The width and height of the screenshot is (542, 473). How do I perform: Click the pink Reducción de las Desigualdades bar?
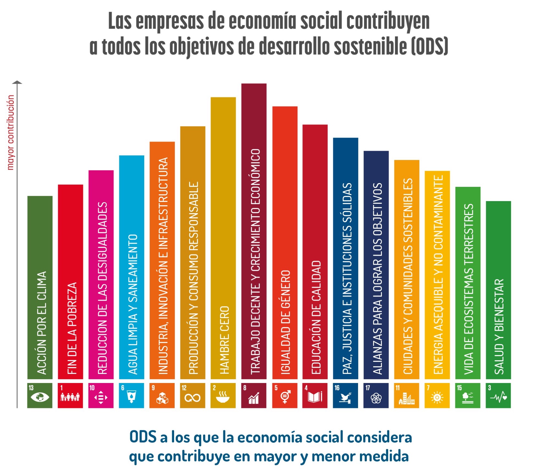(101, 274)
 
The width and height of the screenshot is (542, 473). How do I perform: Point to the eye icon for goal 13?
(40, 397)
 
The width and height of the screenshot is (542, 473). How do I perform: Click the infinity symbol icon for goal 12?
(192, 398)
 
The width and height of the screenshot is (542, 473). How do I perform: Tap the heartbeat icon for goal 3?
(498, 397)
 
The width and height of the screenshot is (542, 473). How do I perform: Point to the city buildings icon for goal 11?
(407, 398)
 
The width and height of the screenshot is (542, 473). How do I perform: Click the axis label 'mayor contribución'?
(10, 132)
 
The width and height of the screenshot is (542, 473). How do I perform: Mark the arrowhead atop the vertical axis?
(17, 82)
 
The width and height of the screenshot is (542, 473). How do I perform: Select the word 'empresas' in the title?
(170, 21)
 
